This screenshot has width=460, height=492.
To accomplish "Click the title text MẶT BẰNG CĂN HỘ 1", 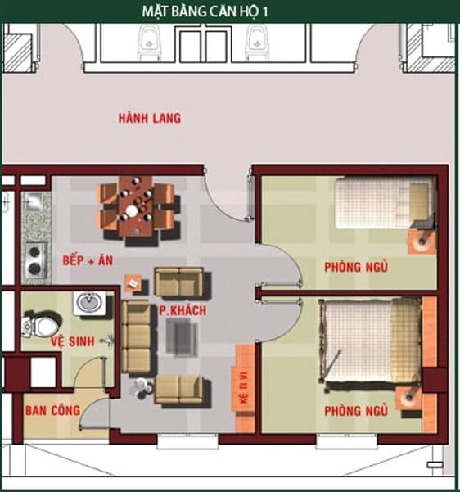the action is click(205, 11).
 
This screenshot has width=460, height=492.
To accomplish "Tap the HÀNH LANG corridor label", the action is click(150, 118).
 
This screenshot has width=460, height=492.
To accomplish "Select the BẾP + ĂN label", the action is click(88, 260).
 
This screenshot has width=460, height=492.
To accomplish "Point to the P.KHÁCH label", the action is click(183, 310).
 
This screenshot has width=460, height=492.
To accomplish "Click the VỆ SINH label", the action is click(73, 341).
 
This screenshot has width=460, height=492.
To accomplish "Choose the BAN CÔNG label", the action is click(52, 410).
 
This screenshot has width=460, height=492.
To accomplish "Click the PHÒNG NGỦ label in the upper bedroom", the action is click(356, 267).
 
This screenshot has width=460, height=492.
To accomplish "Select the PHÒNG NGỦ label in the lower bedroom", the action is click(356, 411).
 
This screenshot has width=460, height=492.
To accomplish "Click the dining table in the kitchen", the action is click(135, 206).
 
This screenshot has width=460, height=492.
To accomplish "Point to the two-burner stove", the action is click(35, 260).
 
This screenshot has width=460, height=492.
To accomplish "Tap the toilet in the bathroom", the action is click(41, 325).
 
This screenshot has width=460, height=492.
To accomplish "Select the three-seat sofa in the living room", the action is click(136, 336).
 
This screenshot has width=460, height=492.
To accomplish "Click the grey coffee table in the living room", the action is click(182, 336).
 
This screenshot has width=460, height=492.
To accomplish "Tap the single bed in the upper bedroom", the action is click(386, 203).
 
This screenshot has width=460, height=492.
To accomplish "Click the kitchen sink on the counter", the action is click(34, 201).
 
